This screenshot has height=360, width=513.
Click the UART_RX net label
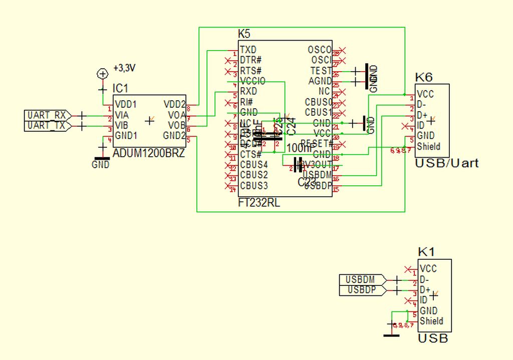(x=46, y=116)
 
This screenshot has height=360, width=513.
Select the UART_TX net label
(x=46, y=126)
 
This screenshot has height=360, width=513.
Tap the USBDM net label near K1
(x=361, y=279)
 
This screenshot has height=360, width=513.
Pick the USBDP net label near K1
(x=361, y=289)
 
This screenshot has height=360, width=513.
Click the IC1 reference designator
(x=120, y=89)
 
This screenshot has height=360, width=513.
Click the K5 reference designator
(x=244, y=34)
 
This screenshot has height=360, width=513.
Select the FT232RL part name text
(x=260, y=203)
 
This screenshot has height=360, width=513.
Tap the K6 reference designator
(x=424, y=77)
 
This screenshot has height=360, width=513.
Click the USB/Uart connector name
(x=446, y=163)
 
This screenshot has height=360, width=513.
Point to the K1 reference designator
(x=426, y=252)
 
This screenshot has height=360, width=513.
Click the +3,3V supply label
(x=125, y=68)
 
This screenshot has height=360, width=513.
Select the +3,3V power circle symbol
(x=103, y=74)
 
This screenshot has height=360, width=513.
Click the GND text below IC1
(x=101, y=164)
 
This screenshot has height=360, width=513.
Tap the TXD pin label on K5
(x=248, y=50)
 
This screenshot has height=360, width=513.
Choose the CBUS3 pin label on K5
(x=253, y=186)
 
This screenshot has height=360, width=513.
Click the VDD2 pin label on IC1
(x=174, y=104)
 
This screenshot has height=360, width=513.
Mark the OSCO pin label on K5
(x=319, y=50)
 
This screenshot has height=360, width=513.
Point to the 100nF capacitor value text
(x=300, y=148)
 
